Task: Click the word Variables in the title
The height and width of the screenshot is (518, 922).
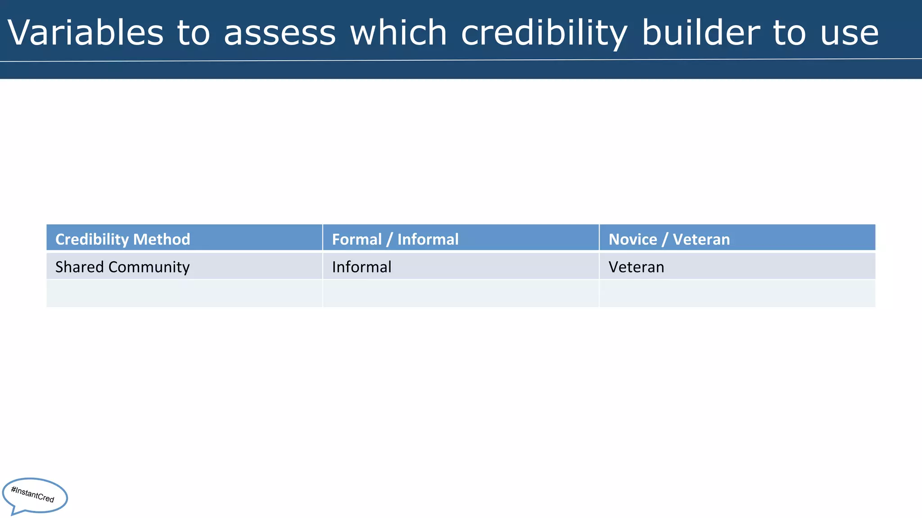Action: tap(86, 32)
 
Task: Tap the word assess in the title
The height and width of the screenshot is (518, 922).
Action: tap(280, 32)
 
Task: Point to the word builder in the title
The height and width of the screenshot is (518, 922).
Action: tap(701, 32)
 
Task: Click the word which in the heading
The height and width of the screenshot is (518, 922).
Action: tap(398, 32)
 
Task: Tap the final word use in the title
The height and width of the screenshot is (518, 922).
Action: tap(849, 32)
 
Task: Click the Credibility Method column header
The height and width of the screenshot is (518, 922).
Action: tap(122, 239)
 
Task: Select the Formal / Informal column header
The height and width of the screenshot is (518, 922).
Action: tap(395, 239)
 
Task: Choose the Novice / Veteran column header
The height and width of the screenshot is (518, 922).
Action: tap(669, 239)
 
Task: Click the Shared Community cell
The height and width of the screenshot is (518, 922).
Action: tap(122, 267)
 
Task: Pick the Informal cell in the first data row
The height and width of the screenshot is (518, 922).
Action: tap(362, 267)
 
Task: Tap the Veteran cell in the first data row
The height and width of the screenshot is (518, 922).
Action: tap(636, 267)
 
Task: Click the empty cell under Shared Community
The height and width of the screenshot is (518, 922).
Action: tap(184, 294)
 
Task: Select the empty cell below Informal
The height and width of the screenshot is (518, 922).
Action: tap(461, 294)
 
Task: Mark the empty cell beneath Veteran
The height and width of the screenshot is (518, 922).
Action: tap(737, 294)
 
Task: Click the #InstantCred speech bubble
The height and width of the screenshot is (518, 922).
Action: tap(35, 495)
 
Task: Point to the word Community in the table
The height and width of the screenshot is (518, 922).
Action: tap(149, 267)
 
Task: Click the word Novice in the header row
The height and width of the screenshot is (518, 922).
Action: tap(633, 239)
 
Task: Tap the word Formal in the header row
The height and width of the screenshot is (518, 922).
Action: tap(357, 239)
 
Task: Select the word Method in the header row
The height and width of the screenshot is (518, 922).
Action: tap(162, 239)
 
